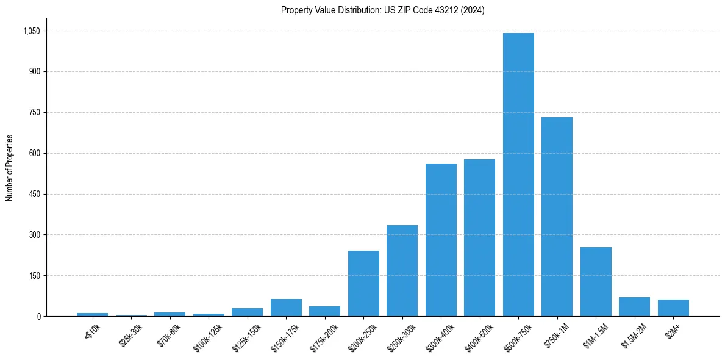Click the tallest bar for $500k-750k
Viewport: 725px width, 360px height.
point(518,175)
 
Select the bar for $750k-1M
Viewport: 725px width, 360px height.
point(557,217)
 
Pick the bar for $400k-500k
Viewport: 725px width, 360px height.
point(479,237)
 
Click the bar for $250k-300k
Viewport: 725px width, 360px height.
point(402,270)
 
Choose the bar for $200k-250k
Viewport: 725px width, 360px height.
point(363,283)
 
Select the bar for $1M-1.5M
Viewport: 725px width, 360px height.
point(596,281)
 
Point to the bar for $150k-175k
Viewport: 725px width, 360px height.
point(286,308)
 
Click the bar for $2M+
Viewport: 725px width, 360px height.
point(673,308)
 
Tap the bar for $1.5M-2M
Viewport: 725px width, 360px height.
point(634,306)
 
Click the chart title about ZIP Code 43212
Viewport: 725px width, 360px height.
point(383,10)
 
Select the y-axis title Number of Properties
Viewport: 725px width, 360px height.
point(10,168)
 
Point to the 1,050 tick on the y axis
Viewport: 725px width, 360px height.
point(32,31)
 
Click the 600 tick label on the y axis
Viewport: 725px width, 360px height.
point(35,153)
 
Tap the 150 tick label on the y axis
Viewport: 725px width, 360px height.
point(35,276)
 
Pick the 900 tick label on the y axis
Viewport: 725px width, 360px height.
point(35,72)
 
